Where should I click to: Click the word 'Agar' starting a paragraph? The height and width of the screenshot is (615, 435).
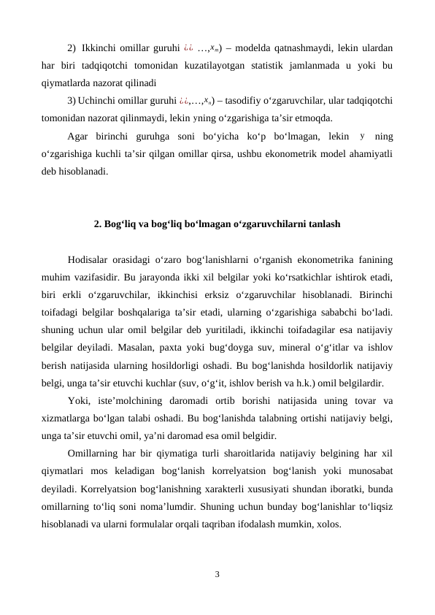click(x=78, y=135)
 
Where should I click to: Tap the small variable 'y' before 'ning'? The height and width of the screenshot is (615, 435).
click(x=362, y=135)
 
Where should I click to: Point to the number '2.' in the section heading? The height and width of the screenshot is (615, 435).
click(x=98, y=224)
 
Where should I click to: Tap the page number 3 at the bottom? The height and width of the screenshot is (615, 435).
click(x=217, y=573)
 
